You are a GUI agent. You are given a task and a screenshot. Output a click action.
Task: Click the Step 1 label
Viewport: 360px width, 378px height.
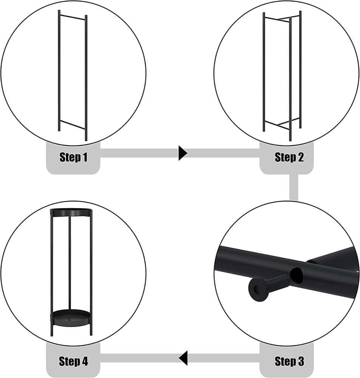[73, 157]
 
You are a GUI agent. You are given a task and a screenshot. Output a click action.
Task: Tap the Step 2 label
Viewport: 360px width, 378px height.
[289, 157]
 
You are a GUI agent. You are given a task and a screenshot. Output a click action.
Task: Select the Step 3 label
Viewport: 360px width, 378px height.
[289, 361]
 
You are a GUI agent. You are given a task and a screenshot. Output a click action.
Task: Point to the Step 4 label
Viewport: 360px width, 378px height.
[73, 361]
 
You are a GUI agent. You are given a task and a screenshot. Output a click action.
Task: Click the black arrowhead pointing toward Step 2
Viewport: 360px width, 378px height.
[183, 153]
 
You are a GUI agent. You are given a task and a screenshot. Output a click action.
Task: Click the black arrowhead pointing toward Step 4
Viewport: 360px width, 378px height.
[183, 358]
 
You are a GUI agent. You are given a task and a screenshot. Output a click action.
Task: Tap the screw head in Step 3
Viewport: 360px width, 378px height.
[258, 289]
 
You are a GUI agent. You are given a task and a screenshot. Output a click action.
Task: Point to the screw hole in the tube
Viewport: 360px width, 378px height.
[296, 275]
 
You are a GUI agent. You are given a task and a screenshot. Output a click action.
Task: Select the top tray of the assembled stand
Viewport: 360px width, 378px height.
[71, 212]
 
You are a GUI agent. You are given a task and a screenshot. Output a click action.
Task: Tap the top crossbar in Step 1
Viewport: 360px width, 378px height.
[73, 17]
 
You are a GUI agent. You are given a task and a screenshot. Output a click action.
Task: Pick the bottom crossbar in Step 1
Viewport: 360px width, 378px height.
[73, 124]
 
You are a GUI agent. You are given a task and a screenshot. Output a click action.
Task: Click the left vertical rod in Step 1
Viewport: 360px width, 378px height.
[59, 70]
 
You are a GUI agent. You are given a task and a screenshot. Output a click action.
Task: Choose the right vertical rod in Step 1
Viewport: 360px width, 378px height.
[86, 77]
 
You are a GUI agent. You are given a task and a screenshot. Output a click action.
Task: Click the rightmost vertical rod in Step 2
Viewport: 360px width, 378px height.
[300, 70]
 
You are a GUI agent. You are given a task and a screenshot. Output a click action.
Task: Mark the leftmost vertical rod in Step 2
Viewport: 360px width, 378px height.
[264, 72]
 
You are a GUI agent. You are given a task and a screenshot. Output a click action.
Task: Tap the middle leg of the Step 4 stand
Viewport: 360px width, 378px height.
[70, 263]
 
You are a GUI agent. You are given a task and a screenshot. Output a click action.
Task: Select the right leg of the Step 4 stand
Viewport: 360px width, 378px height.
[91, 273]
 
